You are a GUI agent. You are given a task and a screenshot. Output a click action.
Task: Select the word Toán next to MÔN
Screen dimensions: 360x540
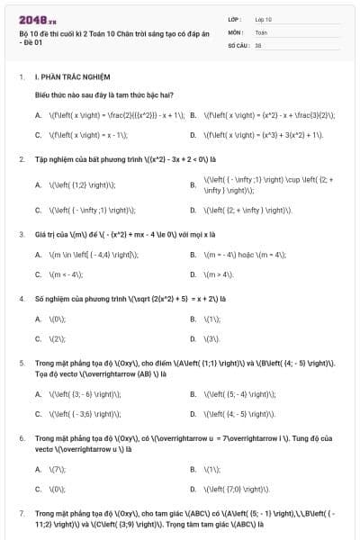(x=260, y=31)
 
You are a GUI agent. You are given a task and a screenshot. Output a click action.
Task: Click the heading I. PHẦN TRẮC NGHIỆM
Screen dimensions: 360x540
(x=71, y=78)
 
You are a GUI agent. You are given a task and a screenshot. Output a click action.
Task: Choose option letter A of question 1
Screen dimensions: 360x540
(x=38, y=115)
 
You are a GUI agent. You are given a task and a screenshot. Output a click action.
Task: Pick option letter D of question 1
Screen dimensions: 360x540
(x=193, y=135)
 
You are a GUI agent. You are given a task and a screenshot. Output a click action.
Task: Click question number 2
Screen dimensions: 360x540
(x=22, y=158)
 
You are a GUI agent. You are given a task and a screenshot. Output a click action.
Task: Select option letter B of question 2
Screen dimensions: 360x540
(x=193, y=185)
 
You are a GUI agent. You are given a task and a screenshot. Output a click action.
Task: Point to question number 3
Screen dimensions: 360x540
(x=22, y=234)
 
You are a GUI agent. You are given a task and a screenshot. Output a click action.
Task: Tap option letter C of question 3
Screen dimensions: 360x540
(x=38, y=274)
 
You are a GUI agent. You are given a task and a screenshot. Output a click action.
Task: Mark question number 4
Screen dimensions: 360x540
(x=22, y=298)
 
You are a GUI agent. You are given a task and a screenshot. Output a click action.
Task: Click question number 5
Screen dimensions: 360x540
(x=22, y=362)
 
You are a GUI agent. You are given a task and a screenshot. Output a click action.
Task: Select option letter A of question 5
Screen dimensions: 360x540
(x=38, y=394)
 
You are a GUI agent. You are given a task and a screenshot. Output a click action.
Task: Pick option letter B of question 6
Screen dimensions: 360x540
(x=193, y=469)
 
